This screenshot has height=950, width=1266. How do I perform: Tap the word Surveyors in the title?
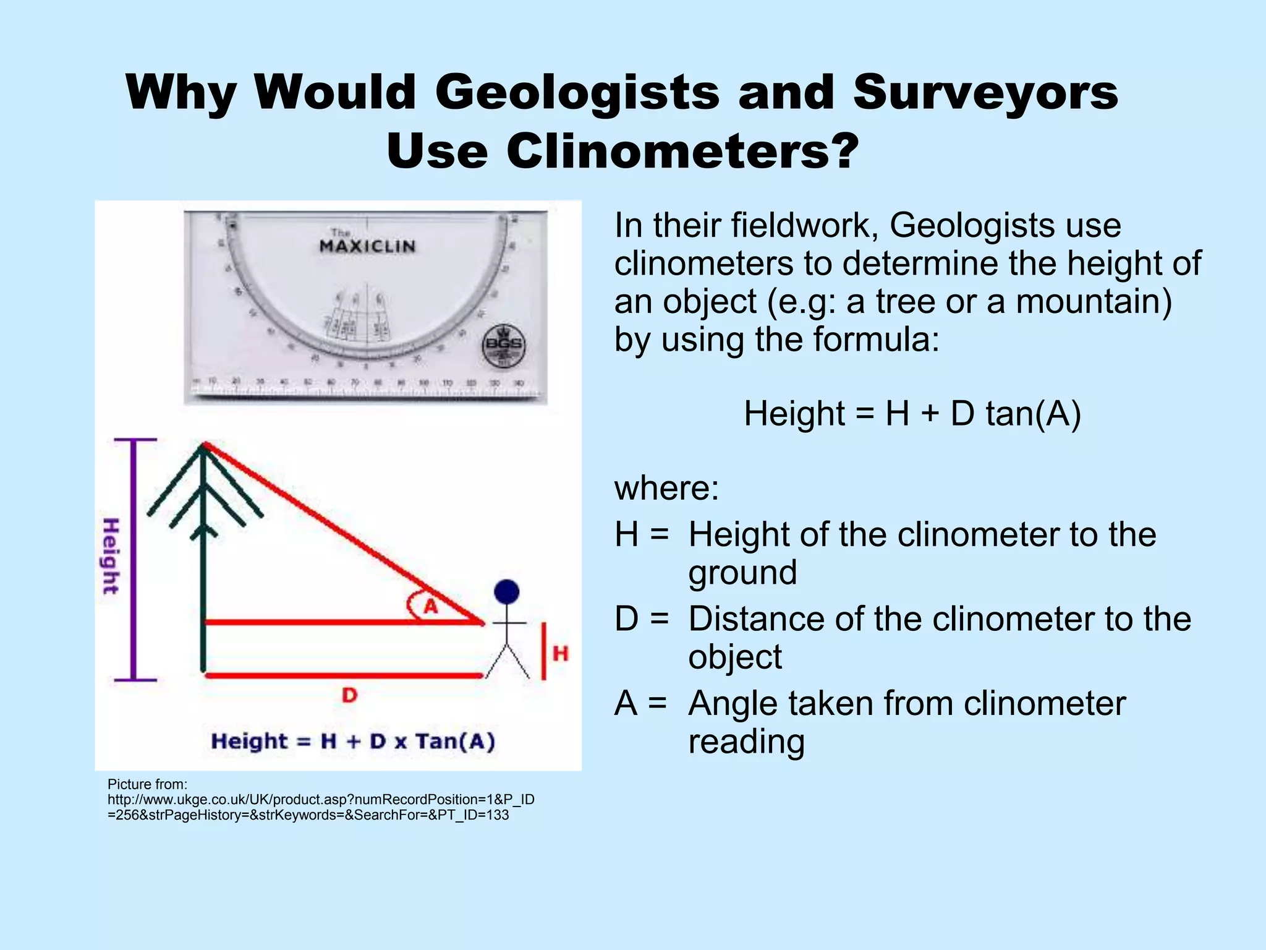tap(985, 92)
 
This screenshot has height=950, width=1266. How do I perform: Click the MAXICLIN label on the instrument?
tap(367, 246)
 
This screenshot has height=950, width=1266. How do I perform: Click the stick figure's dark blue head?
tap(507, 592)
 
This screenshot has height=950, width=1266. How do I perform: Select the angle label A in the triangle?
tap(430, 606)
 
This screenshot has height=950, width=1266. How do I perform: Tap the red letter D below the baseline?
tap(350, 695)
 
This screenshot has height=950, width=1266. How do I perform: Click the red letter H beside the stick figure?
tap(560, 653)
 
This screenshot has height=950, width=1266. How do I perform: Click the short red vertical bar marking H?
tap(543, 651)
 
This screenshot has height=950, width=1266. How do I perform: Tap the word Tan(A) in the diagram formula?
tap(455, 741)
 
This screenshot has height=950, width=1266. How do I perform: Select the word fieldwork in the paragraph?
tap(805, 225)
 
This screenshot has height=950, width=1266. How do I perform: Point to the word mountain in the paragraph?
tap(1094, 302)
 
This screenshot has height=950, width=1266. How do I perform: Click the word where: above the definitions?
tap(666, 488)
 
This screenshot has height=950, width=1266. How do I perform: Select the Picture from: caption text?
tap(147, 784)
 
